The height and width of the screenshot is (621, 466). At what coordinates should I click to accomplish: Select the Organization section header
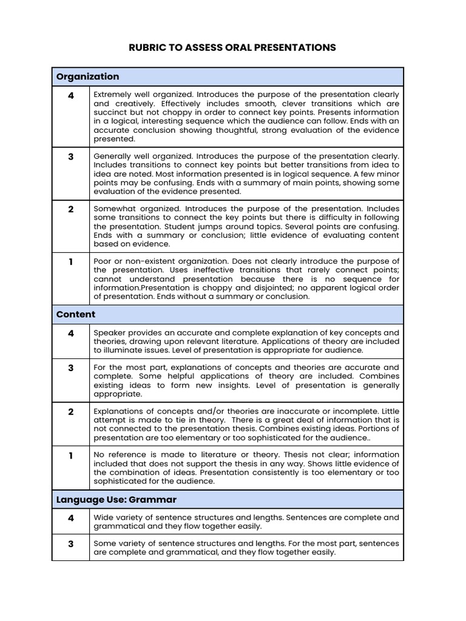coord(87,76)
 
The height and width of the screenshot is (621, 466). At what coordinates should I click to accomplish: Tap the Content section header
coord(76,314)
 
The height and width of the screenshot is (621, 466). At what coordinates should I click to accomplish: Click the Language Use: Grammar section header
coord(116,500)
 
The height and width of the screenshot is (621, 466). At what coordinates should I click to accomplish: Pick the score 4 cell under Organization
coord(71,95)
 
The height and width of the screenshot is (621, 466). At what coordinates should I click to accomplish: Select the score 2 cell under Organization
coord(71,209)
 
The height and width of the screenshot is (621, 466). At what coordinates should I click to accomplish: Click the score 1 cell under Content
coord(71,455)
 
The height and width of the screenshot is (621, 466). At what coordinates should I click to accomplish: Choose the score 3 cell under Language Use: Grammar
coord(71,544)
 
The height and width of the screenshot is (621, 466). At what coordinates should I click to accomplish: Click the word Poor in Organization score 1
coord(103,261)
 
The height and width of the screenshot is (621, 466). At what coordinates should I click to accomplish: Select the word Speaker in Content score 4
coord(109,333)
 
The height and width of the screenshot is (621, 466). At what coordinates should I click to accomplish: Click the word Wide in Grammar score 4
coord(103,518)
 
